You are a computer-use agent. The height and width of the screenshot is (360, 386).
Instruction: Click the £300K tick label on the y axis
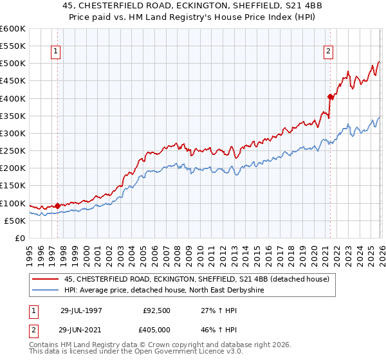[x=12, y=133]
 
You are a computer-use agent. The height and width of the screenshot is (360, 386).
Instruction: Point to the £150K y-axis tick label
[x=12, y=186]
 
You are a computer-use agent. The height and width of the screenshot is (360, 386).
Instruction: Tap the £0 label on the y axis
[x=19, y=238]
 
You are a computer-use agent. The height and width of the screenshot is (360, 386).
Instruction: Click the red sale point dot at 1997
[x=57, y=206]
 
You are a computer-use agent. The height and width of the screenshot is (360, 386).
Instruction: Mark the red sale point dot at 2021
[x=330, y=97]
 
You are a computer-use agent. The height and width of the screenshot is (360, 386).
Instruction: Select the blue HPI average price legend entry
[x=165, y=291]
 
